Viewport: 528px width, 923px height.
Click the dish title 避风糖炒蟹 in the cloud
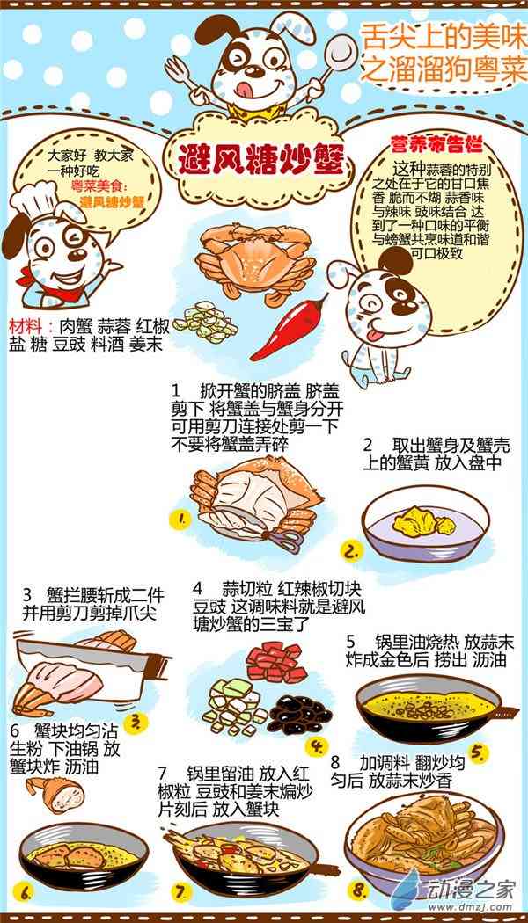click(260, 157)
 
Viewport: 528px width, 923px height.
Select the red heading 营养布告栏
click(436, 144)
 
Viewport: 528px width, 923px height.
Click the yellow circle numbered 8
click(357, 890)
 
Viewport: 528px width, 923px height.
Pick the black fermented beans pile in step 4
click(300, 714)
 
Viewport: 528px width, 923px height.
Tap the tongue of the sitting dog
click(374, 337)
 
